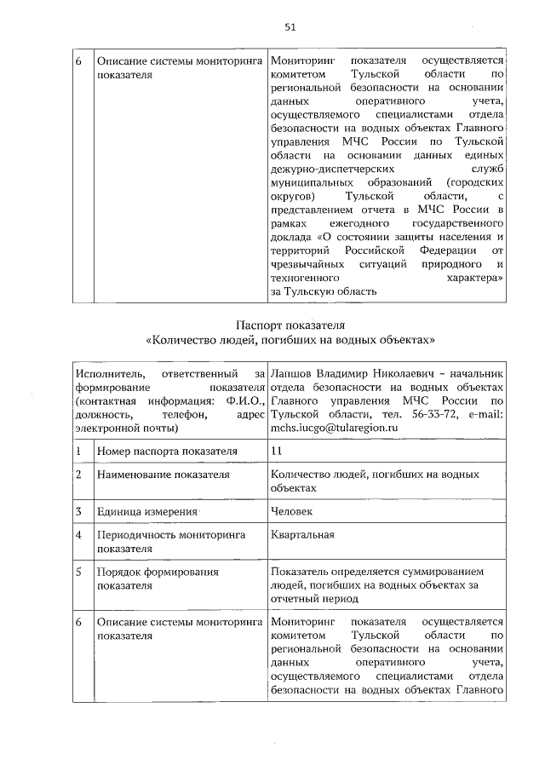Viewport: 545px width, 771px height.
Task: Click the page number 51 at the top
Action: coord(290,27)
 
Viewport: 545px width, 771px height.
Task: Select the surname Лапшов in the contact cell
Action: coord(292,373)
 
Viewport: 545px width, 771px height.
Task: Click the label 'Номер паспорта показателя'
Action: coord(167,451)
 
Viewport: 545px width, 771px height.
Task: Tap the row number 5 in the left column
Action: coord(77,572)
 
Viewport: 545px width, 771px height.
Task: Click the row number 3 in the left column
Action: coord(77,511)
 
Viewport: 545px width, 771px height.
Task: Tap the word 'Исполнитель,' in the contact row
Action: coord(108,373)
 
